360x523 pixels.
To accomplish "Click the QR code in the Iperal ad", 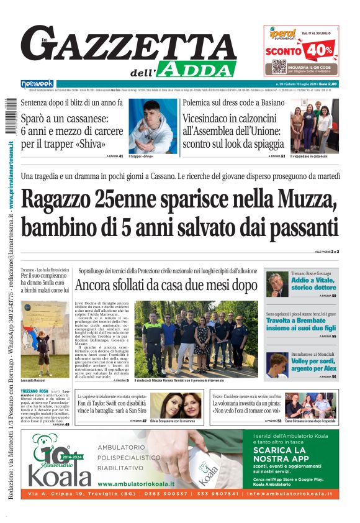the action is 280,66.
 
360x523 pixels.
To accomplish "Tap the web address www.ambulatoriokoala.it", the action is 136,484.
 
